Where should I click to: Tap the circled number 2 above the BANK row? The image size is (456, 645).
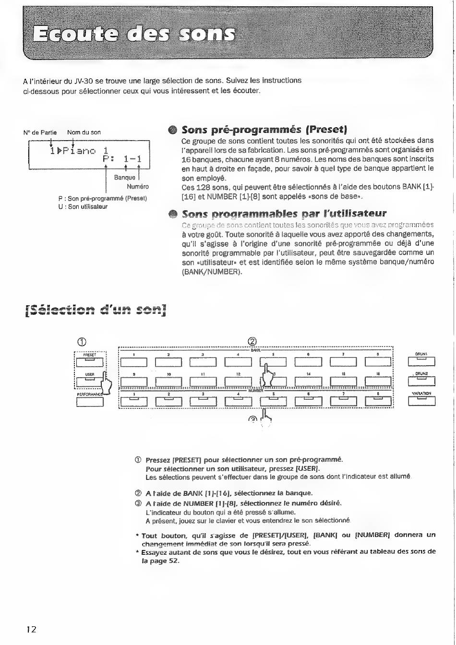(254, 341)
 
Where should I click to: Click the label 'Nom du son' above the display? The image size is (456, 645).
(84, 132)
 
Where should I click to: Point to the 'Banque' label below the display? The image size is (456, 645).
(124, 178)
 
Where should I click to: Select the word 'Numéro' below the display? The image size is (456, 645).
(138, 187)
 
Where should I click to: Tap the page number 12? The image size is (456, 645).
(31, 629)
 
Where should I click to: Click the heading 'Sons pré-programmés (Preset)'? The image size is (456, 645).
(264, 129)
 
